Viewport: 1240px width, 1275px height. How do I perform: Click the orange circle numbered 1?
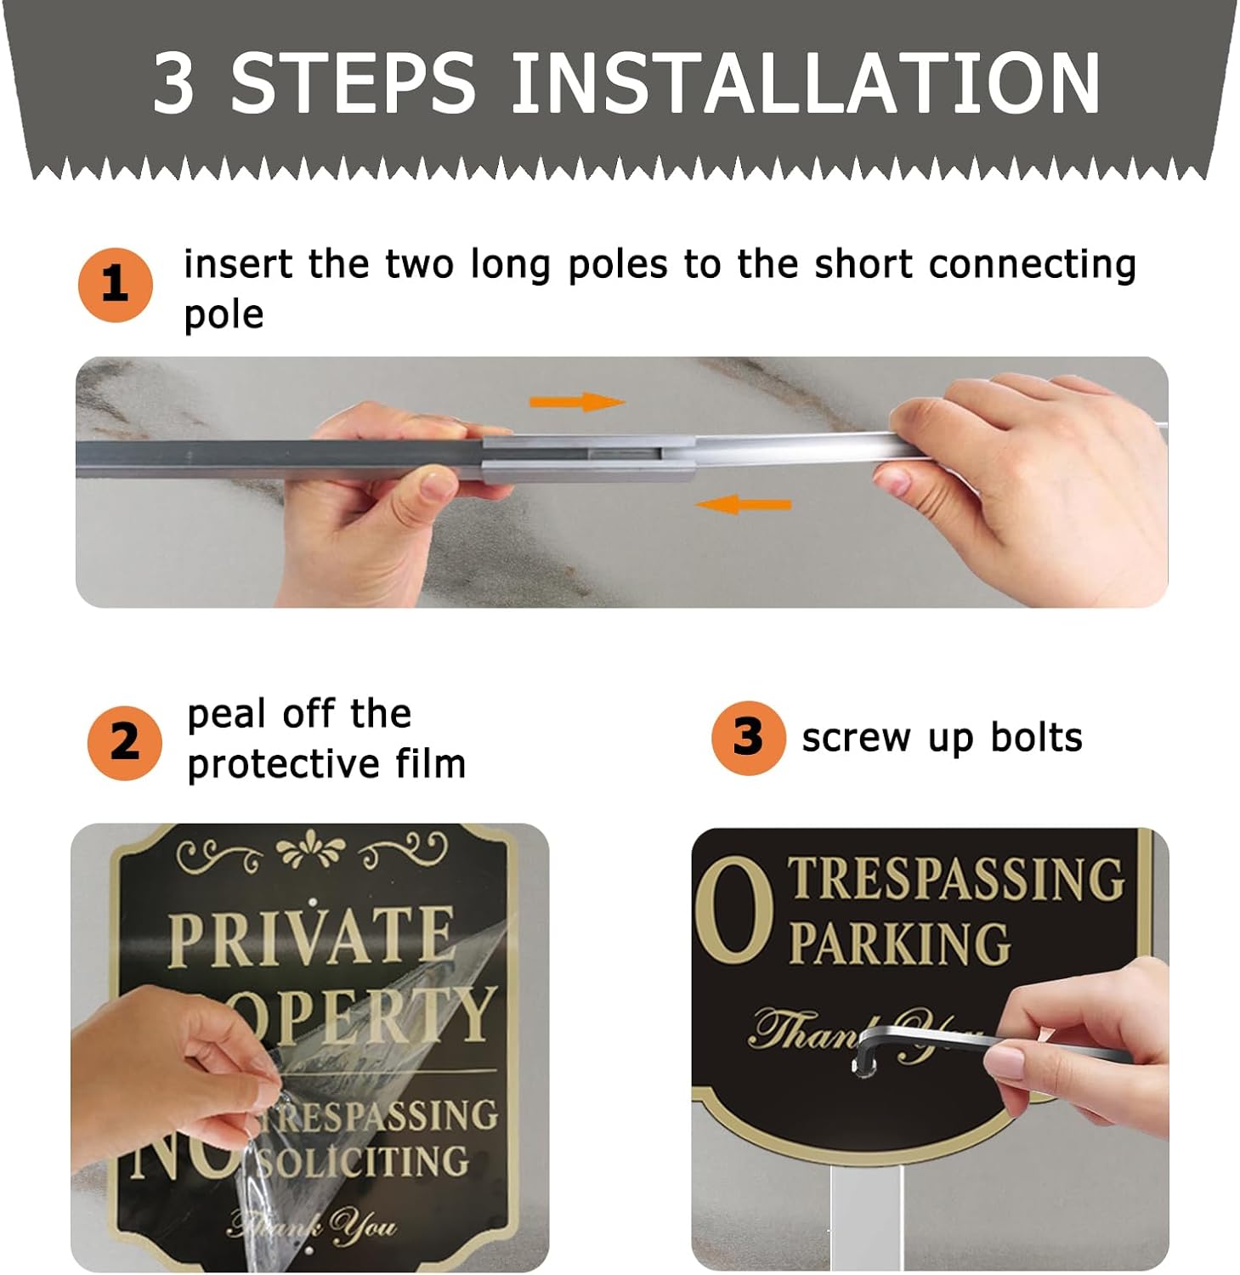pyautogui.click(x=115, y=285)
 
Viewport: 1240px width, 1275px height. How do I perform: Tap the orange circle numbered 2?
pyautogui.click(x=124, y=742)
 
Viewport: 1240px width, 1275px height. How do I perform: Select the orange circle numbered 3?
pyautogui.click(x=748, y=737)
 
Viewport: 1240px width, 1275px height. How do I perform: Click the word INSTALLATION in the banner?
pyautogui.click(x=804, y=83)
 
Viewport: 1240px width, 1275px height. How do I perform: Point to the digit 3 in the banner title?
pyautogui.click(x=174, y=83)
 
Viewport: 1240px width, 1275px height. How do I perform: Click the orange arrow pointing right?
pyautogui.click(x=577, y=401)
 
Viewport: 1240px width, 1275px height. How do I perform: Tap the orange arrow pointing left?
pyautogui.click(x=744, y=505)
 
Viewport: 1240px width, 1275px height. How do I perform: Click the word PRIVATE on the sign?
pyautogui.click(x=310, y=937)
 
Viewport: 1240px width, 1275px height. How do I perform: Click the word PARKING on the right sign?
pyautogui.click(x=899, y=943)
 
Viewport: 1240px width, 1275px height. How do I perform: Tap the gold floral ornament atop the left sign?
pyautogui.click(x=311, y=851)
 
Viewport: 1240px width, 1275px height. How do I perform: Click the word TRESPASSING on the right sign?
pyautogui.click(x=957, y=879)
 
